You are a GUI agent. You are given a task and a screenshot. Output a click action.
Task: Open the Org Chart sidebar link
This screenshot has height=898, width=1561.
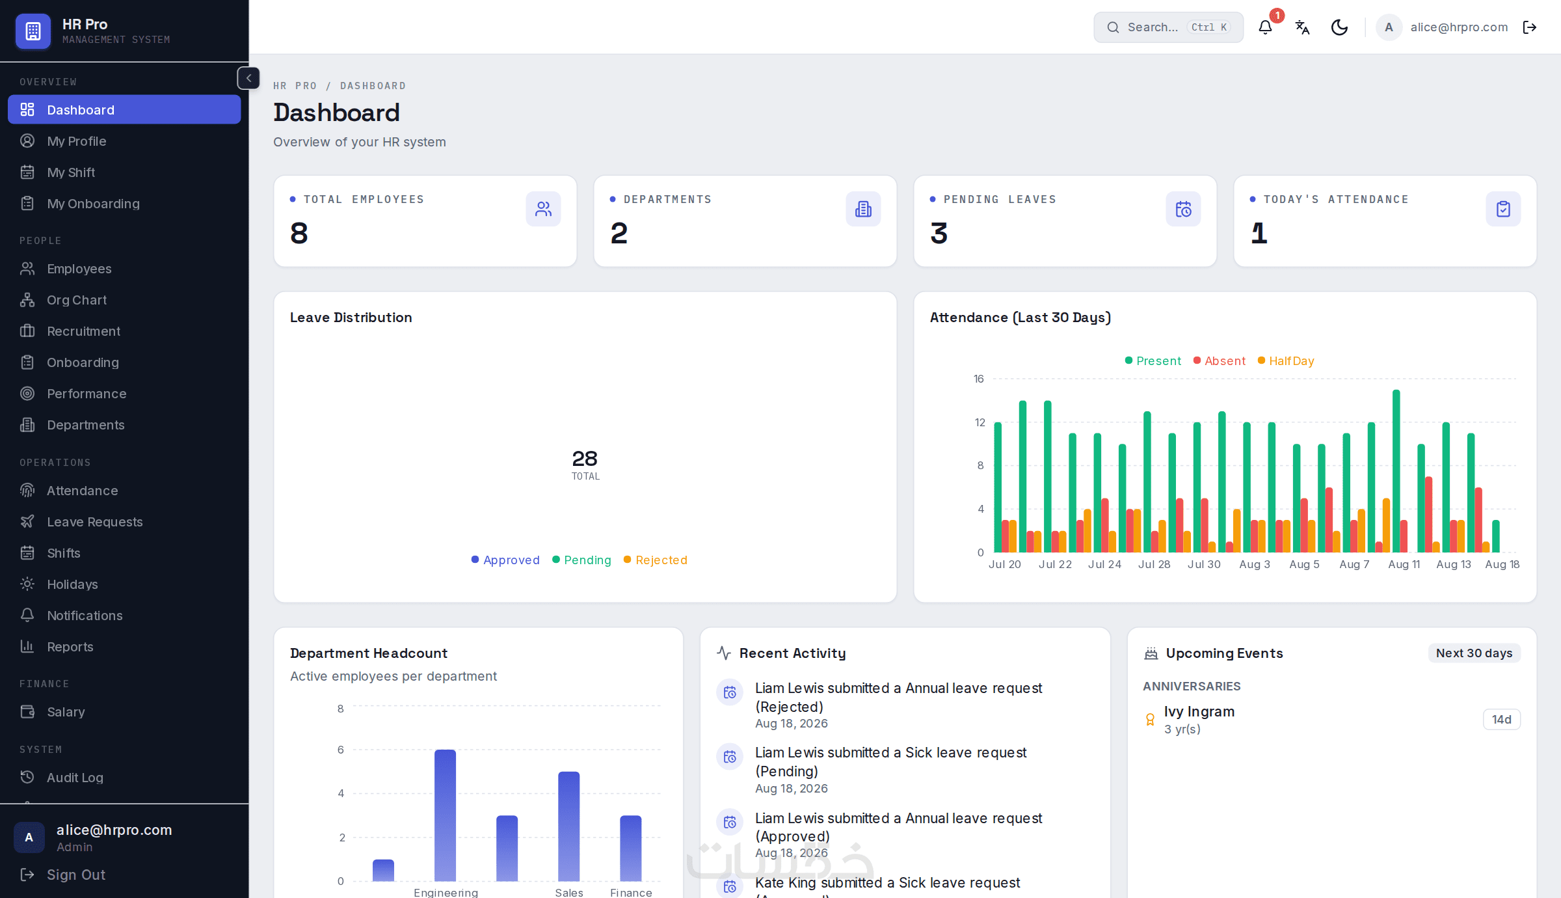click(x=77, y=300)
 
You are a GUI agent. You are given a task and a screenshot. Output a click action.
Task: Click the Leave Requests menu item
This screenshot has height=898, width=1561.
click(x=94, y=522)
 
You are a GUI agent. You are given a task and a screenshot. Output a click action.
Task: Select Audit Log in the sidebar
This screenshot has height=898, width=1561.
click(x=75, y=778)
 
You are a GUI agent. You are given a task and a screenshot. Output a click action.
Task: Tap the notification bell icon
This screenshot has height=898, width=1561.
click(x=1265, y=27)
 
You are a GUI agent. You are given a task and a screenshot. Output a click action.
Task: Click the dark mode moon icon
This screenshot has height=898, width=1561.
click(x=1339, y=27)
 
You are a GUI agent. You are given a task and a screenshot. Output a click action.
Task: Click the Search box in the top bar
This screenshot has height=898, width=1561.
click(x=1168, y=27)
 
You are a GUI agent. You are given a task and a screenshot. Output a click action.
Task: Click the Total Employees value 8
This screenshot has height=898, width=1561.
click(x=299, y=233)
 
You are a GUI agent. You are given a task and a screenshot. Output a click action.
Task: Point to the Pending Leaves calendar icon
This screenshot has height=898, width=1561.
click(x=1183, y=209)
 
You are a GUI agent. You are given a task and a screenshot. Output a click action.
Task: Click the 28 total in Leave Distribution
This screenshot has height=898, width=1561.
click(x=585, y=459)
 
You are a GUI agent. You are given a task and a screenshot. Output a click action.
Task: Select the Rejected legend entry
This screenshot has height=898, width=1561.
click(x=656, y=560)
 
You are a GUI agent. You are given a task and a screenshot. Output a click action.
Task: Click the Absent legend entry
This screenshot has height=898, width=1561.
click(x=1220, y=361)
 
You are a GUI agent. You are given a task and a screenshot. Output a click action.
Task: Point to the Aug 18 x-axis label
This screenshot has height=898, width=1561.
click(x=1502, y=564)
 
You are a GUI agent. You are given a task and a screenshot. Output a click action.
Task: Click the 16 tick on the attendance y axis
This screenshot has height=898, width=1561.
click(x=979, y=379)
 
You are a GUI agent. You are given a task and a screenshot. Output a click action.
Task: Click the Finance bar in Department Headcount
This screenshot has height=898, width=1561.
click(x=631, y=849)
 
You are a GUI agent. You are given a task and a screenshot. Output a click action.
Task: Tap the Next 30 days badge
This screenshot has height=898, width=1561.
click(x=1474, y=653)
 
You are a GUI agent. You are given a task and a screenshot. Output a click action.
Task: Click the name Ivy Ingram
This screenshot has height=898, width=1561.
click(x=1199, y=711)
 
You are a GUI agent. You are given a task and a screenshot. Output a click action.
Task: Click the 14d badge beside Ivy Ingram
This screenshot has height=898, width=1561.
click(x=1501, y=720)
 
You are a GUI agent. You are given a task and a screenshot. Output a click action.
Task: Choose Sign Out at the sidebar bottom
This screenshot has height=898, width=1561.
click(x=76, y=875)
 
